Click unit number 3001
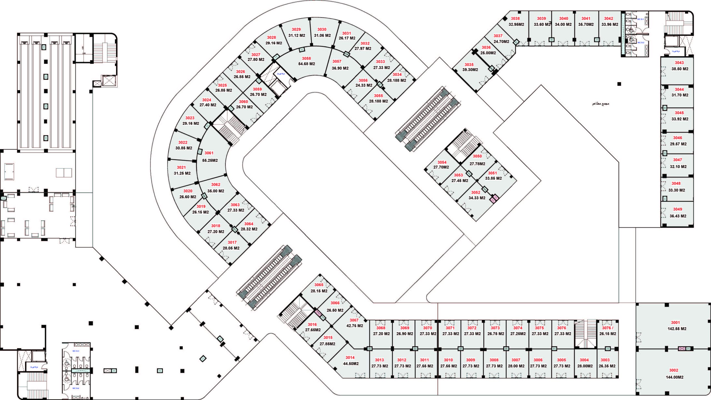(675, 322)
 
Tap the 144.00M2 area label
(674, 377)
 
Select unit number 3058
(306, 58)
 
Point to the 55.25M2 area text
(210, 160)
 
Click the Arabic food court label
(600, 104)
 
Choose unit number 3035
(469, 64)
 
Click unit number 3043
(679, 63)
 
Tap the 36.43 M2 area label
(678, 216)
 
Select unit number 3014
(350, 358)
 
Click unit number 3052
(476, 192)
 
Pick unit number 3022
(183, 142)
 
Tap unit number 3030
(322, 29)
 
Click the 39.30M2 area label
(470, 70)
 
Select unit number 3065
(319, 285)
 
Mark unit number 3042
(609, 19)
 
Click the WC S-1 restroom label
(640, 19)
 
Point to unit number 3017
(232, 242)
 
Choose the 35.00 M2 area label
(216, 191)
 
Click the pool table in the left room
(9, 172)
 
